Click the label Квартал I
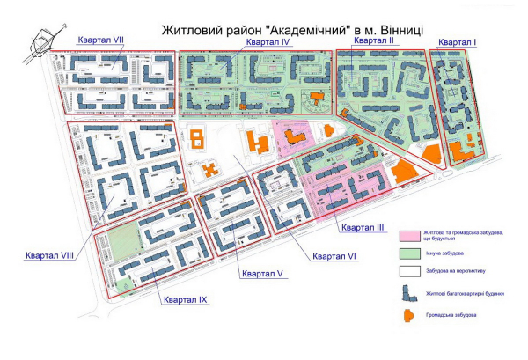point(458,43)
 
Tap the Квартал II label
point(374,40)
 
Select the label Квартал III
point(363,227)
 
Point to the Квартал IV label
point(268,42)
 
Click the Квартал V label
point(261,274)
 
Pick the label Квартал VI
point(334,256)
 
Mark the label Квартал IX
point(184,300)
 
